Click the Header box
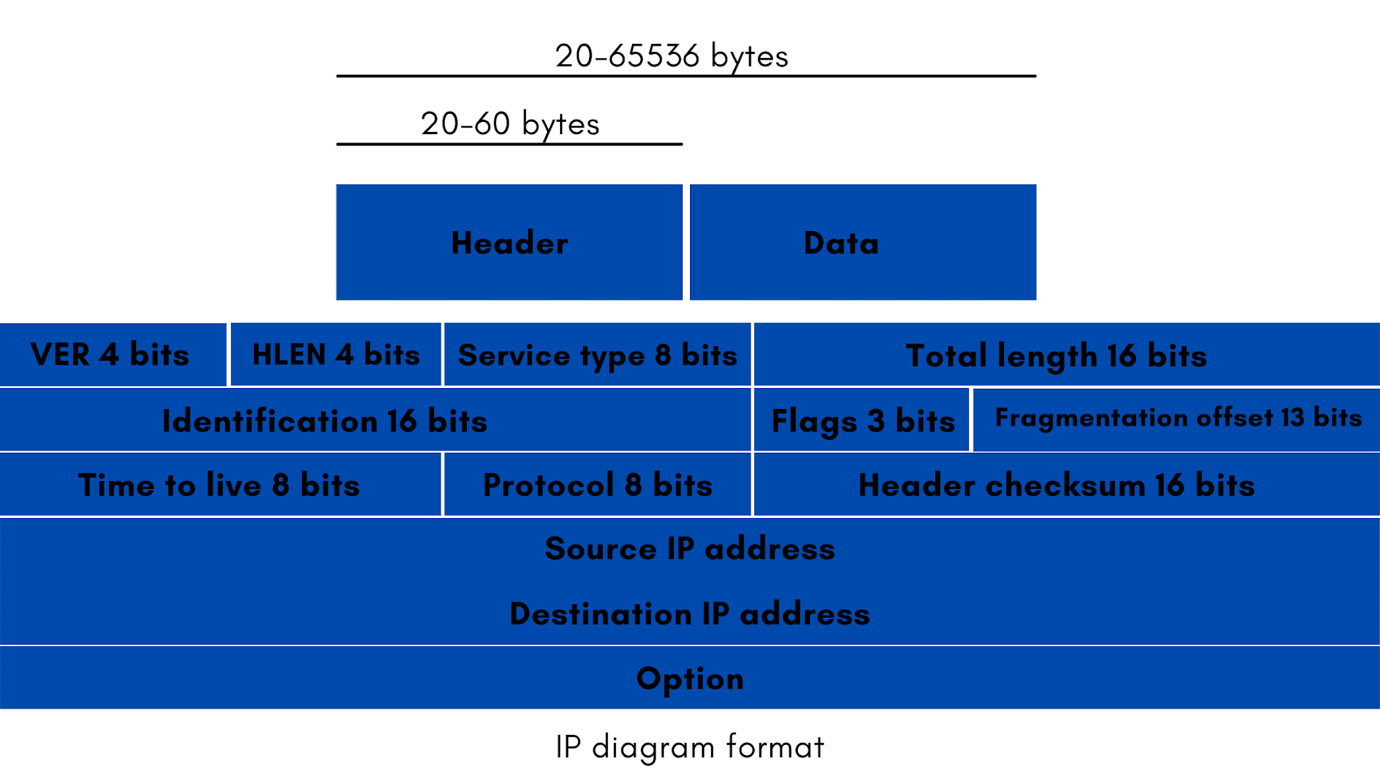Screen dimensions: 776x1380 pos(509,243)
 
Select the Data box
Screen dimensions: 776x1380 pos(862,243)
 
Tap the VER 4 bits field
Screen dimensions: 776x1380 pos(112,354)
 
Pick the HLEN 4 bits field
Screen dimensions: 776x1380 pos(336,354)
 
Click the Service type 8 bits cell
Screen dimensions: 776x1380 pos(597,354)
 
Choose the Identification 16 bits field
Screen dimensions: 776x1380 pos(375,420)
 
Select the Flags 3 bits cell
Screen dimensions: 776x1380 pos(862,420)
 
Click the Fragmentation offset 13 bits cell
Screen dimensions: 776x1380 pos(1177,419)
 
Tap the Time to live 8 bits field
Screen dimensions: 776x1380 pos(220,485)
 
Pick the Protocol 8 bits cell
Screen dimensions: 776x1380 pos(597,485)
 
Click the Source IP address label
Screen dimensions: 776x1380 pos(689,548)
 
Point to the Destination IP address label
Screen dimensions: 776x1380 pos(689,614)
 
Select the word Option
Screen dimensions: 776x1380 pos(689,678)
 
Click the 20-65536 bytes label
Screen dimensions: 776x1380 pos(671,55)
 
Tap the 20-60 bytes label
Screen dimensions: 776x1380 pos(510,123)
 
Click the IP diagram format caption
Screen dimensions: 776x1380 pos(689,747)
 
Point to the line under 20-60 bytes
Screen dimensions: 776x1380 pos(509,144)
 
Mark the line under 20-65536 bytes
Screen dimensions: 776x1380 pos(686,76)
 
